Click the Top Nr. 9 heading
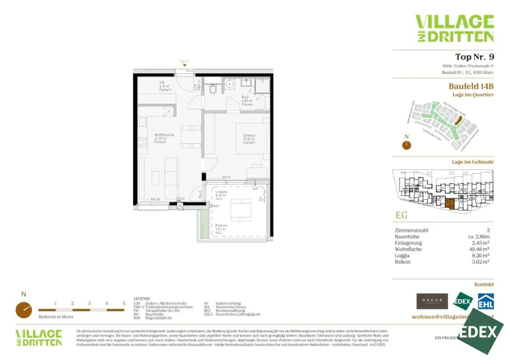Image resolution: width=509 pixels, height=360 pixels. (x=474, y=57)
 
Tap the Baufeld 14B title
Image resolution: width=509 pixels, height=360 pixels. (x=471, y=86)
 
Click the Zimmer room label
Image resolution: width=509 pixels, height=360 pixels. (x=249, y=139)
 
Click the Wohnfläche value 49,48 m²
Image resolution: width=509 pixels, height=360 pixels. (x=481, y=249)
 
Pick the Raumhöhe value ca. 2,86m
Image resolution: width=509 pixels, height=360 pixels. (x=479, y=236)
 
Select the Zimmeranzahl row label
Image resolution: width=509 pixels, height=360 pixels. (x=411, y=230)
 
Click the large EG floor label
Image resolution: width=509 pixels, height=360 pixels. (x=401, y=215)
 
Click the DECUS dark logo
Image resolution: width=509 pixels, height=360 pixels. (x=432, y=301)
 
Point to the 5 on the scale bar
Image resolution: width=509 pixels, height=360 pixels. (x=124, y=303)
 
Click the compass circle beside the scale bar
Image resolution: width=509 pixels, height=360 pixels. (x=24, y=310)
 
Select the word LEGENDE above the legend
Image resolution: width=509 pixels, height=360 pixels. (x=142, y=298)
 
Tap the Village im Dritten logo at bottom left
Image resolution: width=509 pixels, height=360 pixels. (x=39, y=338)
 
